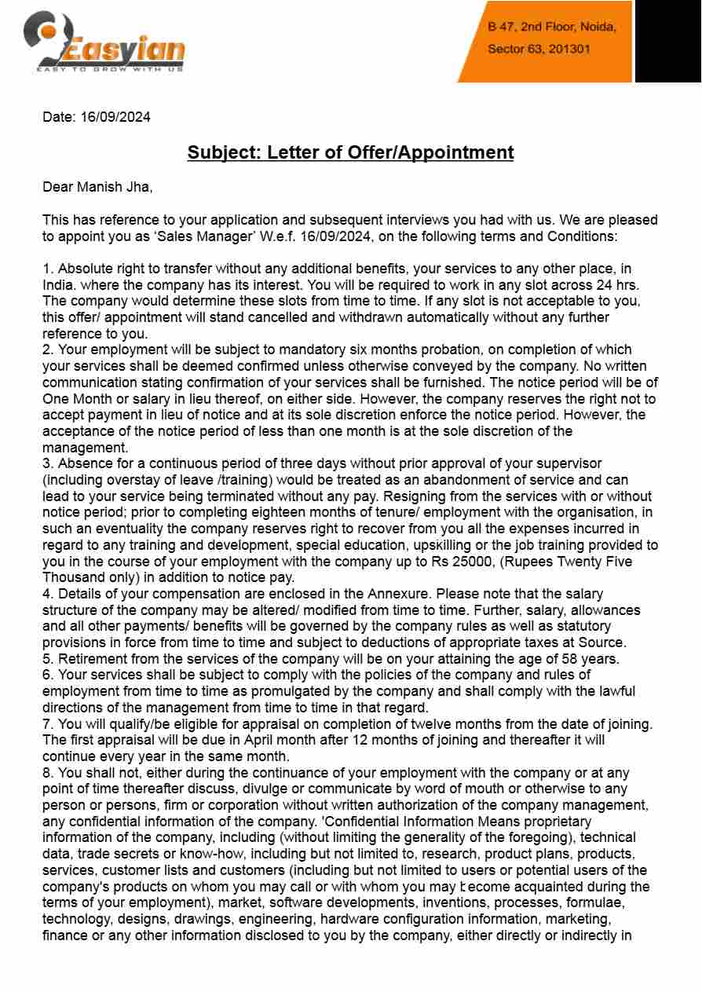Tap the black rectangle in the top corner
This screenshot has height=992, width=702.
[x=667, y=41]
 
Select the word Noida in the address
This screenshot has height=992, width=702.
[x=598, y=27]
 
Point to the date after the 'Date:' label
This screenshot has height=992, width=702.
[x=115, y=117]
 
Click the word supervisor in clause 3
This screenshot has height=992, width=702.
[x=565, y=463]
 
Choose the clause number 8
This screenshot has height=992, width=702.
[x=46, y=773]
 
